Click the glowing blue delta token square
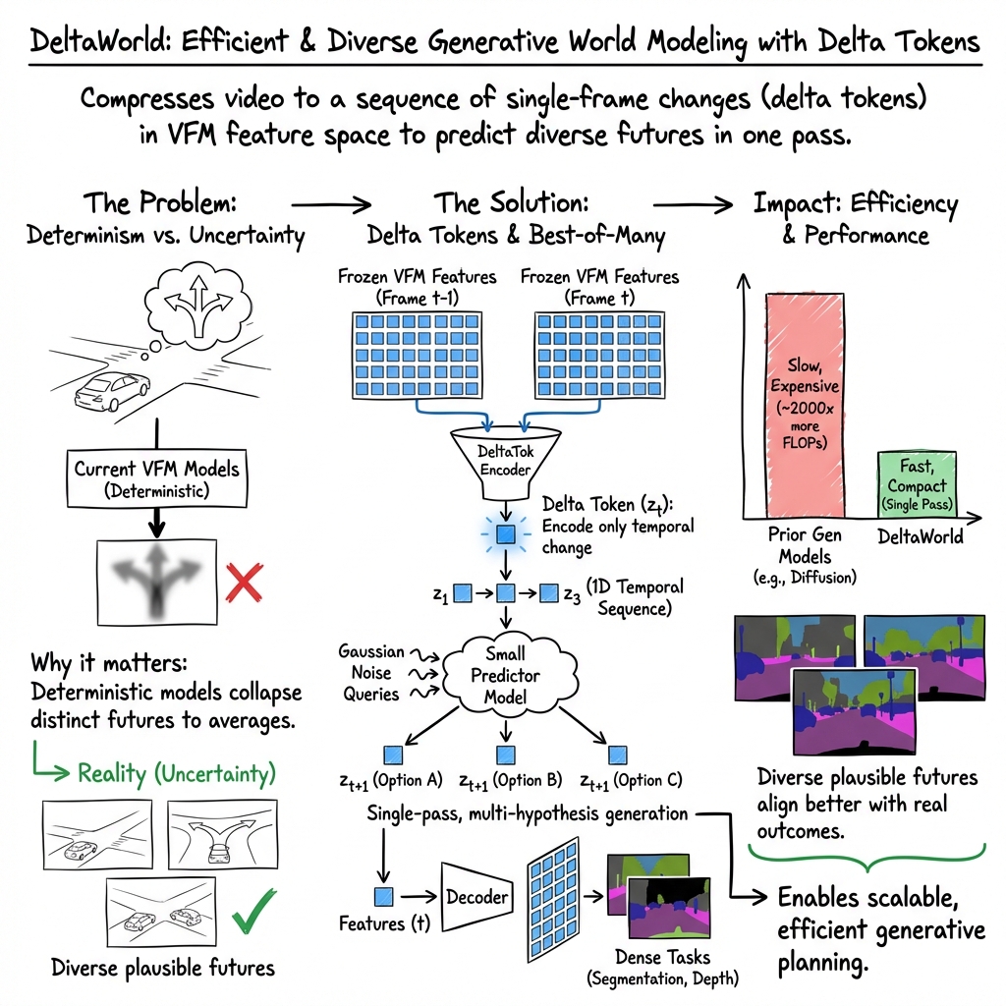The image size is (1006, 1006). (506, 535)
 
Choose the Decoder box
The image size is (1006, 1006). (477, 896)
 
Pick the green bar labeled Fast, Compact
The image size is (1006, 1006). (916, 481)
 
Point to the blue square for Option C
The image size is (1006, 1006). (618, 754)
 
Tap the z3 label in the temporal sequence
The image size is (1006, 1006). (572, 593)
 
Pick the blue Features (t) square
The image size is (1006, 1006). (383, 896)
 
